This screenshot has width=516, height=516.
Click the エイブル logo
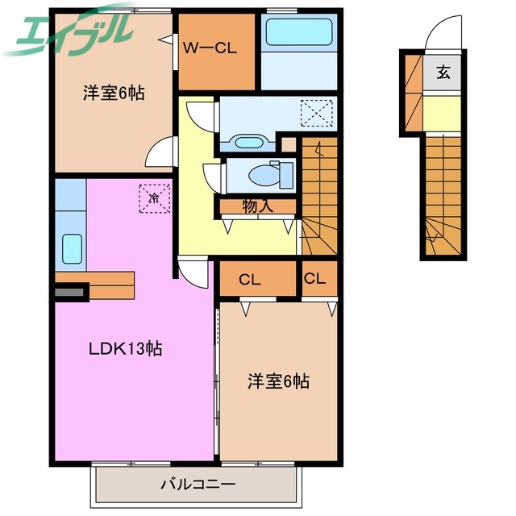coord(68,29)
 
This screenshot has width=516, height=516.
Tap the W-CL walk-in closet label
coord(209,48)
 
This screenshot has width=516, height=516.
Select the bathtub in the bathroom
coord(298,35)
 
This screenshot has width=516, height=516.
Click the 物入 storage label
coord(257,207)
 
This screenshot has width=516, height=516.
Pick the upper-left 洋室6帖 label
coord(114,93)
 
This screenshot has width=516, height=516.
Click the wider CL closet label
coord(250,280)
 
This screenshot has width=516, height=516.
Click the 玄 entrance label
coord(444,73)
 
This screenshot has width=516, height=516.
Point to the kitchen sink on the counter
coord(72,247)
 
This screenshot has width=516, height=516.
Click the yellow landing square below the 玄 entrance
coord(443,113)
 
